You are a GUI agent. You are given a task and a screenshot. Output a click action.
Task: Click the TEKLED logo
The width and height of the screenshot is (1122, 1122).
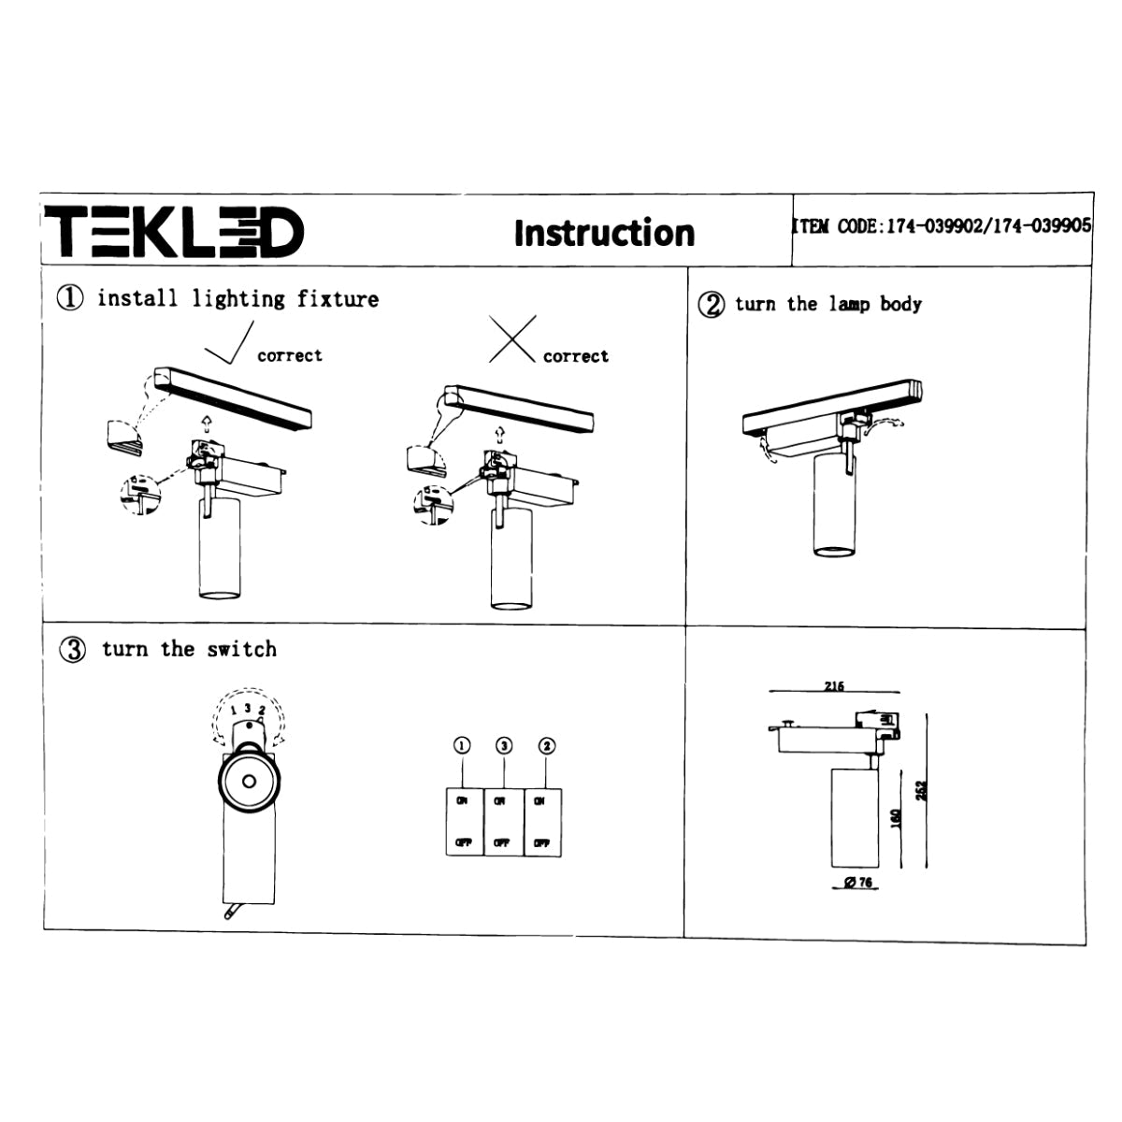[x=175, y=233]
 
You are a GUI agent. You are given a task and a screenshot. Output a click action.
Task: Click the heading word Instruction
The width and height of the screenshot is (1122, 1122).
[x=604, y=233]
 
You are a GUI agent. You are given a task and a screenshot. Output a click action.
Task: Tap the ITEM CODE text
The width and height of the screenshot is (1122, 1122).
[x=941, y=226]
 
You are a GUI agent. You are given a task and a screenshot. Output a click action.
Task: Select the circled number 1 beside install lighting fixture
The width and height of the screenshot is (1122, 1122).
[x=71, y=299]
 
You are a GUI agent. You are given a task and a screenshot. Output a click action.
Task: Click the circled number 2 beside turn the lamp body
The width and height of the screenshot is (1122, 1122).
[x=712, y=305]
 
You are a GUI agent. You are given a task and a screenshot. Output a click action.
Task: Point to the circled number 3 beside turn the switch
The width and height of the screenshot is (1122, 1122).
[x=73, y=650]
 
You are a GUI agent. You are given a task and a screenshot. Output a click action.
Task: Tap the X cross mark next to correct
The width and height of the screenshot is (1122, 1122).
[x=512, y=339]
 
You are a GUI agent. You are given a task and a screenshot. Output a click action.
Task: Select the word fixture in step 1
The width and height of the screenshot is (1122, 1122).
[x=338, y=299]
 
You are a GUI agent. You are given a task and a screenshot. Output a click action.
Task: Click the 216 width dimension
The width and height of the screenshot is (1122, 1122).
[x=834, y=686]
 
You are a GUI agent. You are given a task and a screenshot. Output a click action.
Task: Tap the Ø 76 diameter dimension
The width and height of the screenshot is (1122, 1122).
[x=856, y=883]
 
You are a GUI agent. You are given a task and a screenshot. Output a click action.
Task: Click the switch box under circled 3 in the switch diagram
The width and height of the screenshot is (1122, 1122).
[x=503, y=822]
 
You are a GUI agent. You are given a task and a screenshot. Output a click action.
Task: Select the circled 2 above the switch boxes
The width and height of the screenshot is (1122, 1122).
[x=547, y=745]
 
